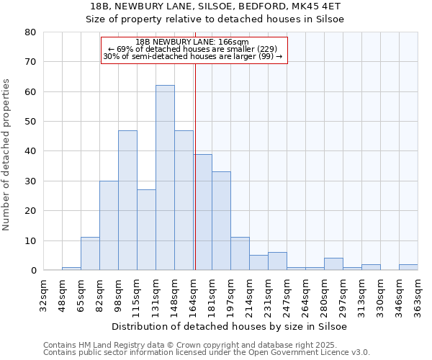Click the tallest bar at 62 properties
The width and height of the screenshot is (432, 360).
click(165, 178)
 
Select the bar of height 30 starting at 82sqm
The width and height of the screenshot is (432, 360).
click(109, 225)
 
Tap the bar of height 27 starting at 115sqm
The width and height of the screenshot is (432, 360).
click(146, 230)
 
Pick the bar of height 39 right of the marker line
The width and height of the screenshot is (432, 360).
click(202, 212)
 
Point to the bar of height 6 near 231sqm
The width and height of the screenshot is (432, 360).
click(277, 261)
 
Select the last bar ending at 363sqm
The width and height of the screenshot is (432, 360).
click(408, 267)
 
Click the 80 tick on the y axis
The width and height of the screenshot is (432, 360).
click(30, 32)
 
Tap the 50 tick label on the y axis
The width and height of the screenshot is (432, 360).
click(30, 122)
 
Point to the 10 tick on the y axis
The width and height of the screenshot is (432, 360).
click(30, 240)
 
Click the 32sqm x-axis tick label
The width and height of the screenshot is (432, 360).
click(43, 295)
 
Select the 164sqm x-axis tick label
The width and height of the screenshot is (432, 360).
click(193, 295)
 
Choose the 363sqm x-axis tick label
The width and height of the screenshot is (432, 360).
click(418, 295)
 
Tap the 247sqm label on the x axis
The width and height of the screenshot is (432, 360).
click(287, 295)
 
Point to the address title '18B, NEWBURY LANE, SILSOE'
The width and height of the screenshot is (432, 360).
click(215, 6)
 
